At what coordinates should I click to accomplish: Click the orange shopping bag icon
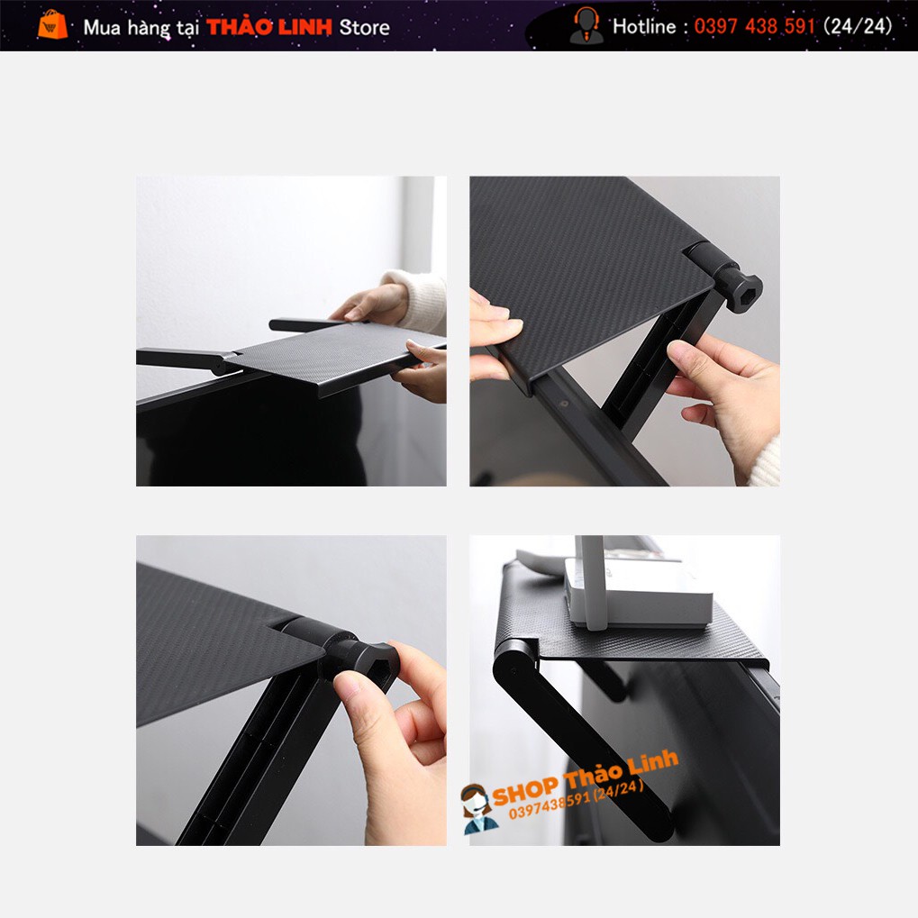coord(52,24)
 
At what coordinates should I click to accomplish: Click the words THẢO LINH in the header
coord(269,27)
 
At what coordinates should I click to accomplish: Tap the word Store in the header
coord(364,28)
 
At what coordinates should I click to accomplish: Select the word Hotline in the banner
coord(644,26)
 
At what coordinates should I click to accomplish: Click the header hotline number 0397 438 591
coord(754,26)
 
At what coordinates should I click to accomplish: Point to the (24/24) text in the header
coord(857,26)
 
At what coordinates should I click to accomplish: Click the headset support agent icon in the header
coord(586,25)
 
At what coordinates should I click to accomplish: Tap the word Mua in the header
coord(102,28)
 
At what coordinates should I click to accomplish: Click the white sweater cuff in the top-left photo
coord(419,300)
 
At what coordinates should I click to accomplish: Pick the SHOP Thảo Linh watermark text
coord(586,777)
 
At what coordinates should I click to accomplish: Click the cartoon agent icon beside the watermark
coord(477,809)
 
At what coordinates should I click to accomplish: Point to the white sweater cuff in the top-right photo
coord(765,462)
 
